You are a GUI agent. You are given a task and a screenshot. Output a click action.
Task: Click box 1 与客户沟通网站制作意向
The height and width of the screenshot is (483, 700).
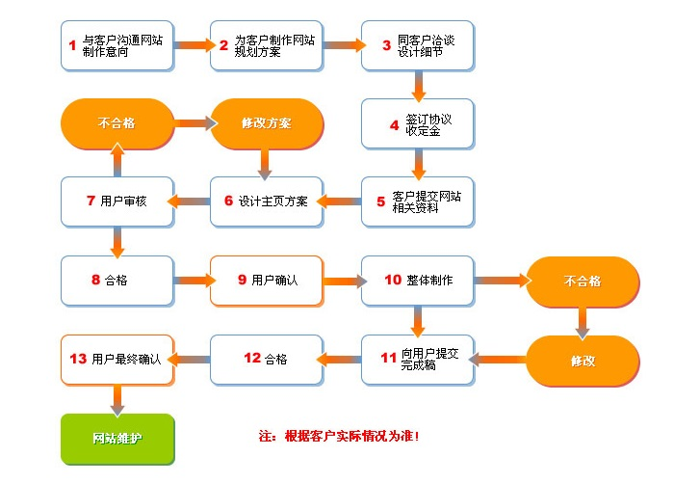[x=117, y=44]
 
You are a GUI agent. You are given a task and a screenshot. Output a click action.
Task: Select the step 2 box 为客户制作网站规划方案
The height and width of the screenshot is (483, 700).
[x=267, y=44]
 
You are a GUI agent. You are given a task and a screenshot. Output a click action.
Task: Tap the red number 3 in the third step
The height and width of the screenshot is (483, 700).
[x=387, y=44]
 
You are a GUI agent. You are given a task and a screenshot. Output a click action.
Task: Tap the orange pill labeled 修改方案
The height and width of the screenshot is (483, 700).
[x=266, y=123]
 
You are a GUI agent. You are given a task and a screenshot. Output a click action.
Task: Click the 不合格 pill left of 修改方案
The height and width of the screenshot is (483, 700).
[x=117, y=123]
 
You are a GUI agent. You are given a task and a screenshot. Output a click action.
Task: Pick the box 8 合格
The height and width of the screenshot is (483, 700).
[x=117, y=280]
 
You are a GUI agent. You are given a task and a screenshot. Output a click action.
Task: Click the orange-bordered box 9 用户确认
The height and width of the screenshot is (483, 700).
[x=267, y=280]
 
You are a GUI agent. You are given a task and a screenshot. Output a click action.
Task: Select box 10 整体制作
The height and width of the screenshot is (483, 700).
[x=418, y=280]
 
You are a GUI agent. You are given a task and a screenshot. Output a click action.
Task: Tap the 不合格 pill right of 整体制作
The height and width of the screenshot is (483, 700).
[x=582, y=281]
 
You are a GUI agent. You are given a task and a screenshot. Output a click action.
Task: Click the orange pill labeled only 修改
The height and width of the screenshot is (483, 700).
[x=582, y=360]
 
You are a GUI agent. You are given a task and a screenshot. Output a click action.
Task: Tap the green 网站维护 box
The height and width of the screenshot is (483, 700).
[x=117, y=438]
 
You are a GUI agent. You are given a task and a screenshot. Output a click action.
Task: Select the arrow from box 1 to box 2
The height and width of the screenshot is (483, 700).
[x=193, y=44]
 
